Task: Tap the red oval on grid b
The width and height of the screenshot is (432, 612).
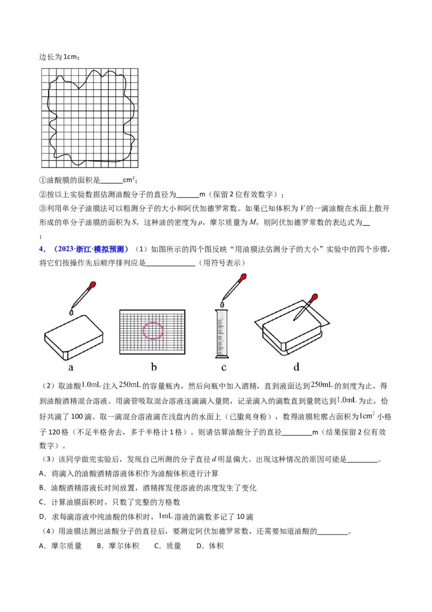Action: [153, 330]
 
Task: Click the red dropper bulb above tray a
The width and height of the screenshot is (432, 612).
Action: [93, 284]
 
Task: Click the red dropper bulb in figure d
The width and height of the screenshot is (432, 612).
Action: [313, 298]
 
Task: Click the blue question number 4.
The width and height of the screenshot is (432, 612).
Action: [41, 249]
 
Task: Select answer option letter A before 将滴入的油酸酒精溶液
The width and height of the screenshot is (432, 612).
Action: [42, 474]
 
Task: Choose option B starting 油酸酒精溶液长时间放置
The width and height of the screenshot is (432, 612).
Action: [42, 488]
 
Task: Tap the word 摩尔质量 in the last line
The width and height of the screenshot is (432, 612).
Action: [67, 546]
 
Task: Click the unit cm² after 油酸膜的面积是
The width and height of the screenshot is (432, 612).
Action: [129, 180]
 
